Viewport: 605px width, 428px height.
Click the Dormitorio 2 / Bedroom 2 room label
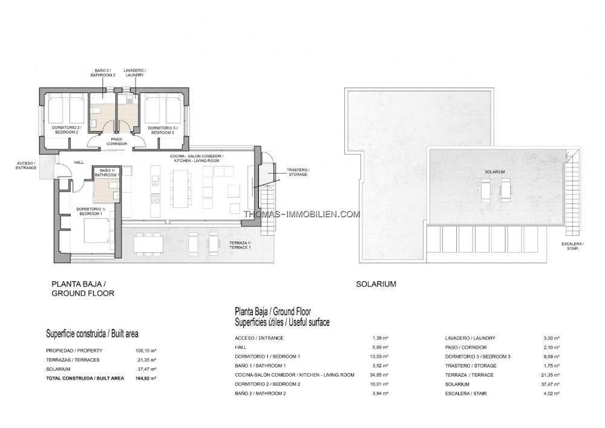[65, 129]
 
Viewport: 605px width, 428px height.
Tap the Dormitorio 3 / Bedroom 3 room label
[162, 130]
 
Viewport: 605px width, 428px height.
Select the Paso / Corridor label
[117, 141]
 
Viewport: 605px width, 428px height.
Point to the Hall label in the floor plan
[79, 163]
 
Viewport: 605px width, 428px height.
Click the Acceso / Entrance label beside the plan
[26, 166]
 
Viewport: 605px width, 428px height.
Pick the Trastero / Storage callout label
[298, 172]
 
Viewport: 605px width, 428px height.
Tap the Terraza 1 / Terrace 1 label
[240, 245]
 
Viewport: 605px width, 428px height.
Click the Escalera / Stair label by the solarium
[572, 246]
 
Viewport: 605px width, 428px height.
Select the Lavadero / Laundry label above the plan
[134, 73]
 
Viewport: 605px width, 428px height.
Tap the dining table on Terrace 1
[149, 244]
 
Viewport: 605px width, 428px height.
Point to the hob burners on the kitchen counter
[155, 198]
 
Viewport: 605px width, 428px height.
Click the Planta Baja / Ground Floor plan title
[83, 288]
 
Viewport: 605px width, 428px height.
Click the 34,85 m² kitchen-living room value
[379, 375]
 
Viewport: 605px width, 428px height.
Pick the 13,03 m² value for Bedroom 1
[379, 357]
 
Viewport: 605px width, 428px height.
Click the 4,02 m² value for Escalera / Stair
[551, 394]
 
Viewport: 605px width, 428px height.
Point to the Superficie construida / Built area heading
[92, 334]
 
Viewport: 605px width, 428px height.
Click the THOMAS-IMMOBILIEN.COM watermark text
[302, 214]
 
